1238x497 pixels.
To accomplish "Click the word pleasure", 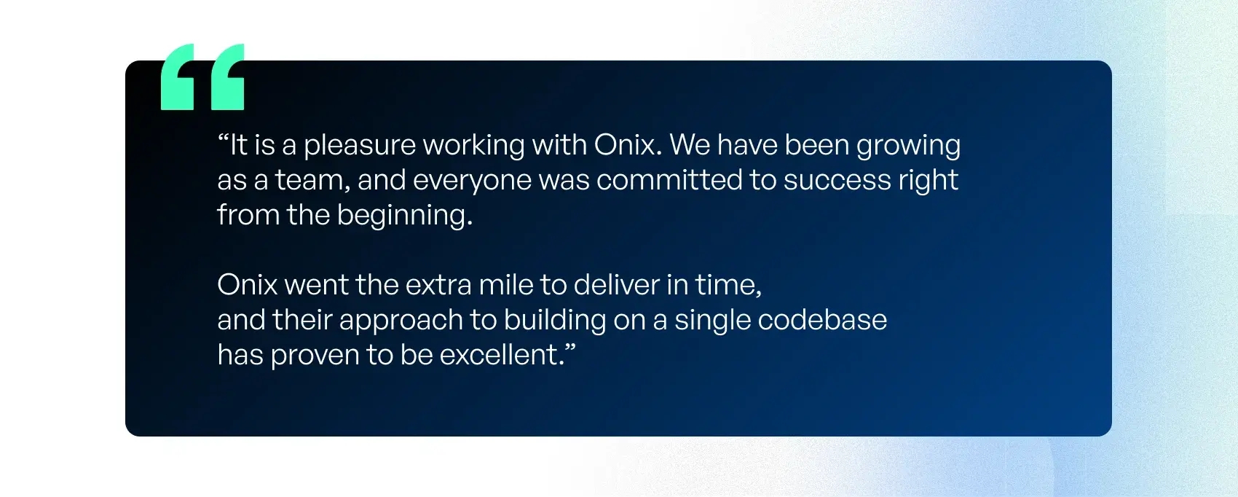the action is [x=360, y=146].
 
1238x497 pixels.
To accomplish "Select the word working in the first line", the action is [x=473, y=146].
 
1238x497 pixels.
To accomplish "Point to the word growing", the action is [x=908, y=146].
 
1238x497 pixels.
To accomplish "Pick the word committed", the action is [x=669, y=180].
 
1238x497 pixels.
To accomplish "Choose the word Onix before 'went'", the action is [x=247, y=285].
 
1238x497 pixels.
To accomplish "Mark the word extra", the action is [x=438, y=286].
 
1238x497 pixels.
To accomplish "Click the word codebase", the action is [x=822, y=319].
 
